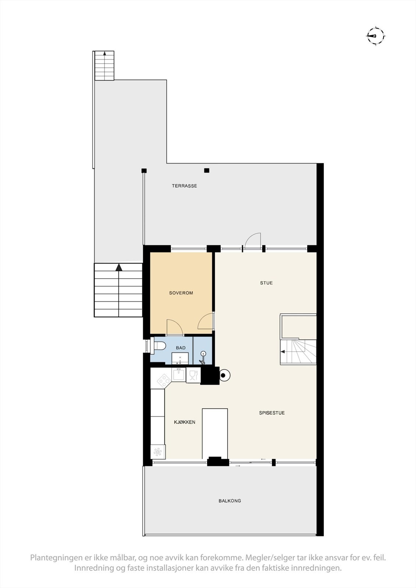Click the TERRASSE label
click(184, 186)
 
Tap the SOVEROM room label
click(181, 293)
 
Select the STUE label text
click(266, 283)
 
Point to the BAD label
click(181, 348)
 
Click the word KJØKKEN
click(185, 422)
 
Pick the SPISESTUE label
click(272, 413)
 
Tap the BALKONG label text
click(230, 501)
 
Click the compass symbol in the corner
click(376, 36)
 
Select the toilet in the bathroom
click(159, 346)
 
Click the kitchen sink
click(179, 374)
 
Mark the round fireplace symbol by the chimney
click(224, 375)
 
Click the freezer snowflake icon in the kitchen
click(158, 452)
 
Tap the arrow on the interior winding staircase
click(283, 352)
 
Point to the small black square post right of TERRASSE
click(207, 170)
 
